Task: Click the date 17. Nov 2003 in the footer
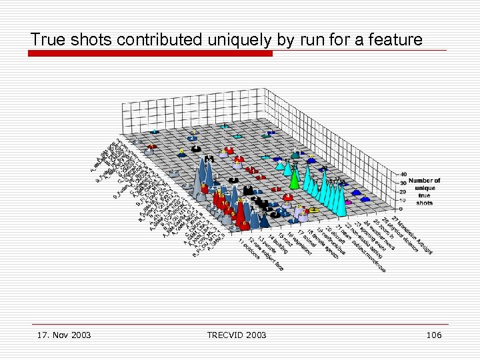pyautogui.click(x=64, y=334)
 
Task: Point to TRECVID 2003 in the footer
pyautogui.click(x=237, y=334)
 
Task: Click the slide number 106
pyautogui.click(x=433, y=334)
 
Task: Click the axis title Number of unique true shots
pyautogui.click(x=424, y=191)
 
